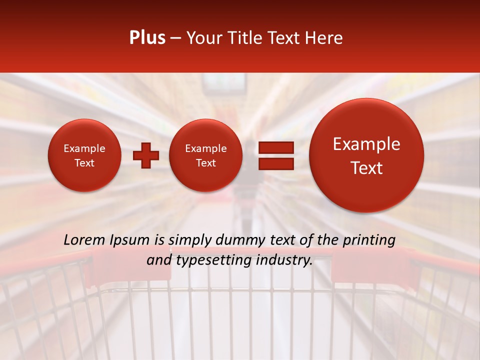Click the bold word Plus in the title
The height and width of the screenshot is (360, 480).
tap(147, 38)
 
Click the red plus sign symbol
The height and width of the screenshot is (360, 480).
tap(146, 155)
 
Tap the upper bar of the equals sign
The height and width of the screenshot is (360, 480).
tap(275, 147)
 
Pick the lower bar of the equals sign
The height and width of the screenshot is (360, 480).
tap(275, 164)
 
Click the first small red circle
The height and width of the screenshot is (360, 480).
tap(84, 155)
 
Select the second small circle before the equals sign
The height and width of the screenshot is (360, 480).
tap(205, 155)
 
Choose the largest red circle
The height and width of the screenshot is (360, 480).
tap(366, 155)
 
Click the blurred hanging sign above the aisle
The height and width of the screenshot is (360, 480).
tap(224, 83)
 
